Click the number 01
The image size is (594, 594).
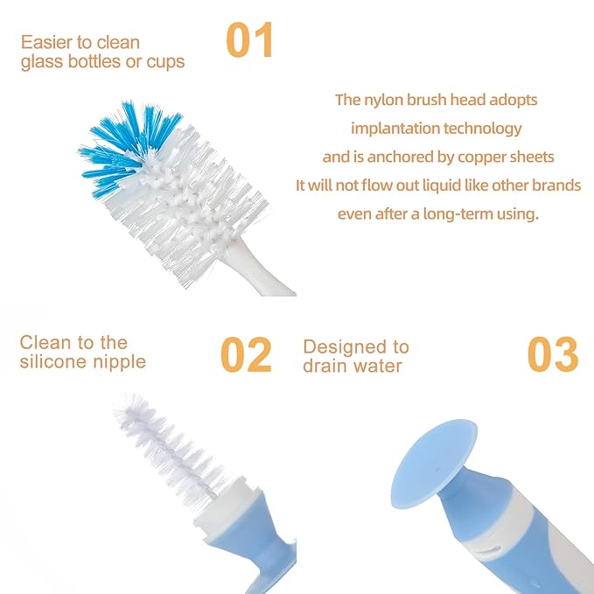[249, 41]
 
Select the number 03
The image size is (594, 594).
[552, 354]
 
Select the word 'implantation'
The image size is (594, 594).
[393, 129]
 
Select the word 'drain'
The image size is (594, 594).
[325, 366]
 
